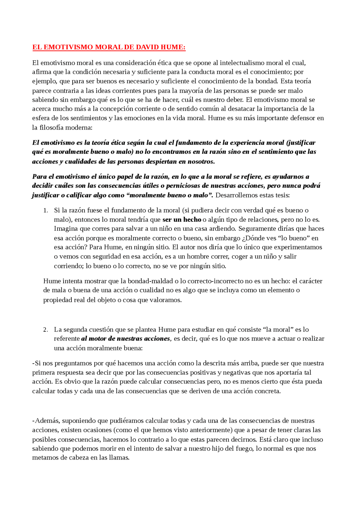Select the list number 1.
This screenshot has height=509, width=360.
(46, 211)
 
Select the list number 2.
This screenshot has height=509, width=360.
(46, 330)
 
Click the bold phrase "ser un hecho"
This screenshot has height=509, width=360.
(182, 220)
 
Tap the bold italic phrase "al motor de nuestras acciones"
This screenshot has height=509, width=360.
(126, 339)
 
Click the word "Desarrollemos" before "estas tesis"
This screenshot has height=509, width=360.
(237, 195)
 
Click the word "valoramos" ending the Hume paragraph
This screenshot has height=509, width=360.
(165, 300)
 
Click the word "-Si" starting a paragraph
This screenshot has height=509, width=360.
(37, 363)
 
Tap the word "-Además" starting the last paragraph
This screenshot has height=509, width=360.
(46, 421)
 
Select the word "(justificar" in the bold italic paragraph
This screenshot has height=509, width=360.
(300, 143)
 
